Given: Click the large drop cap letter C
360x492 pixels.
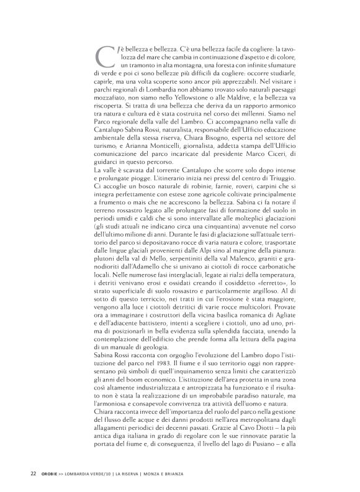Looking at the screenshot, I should click(104, 58).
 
